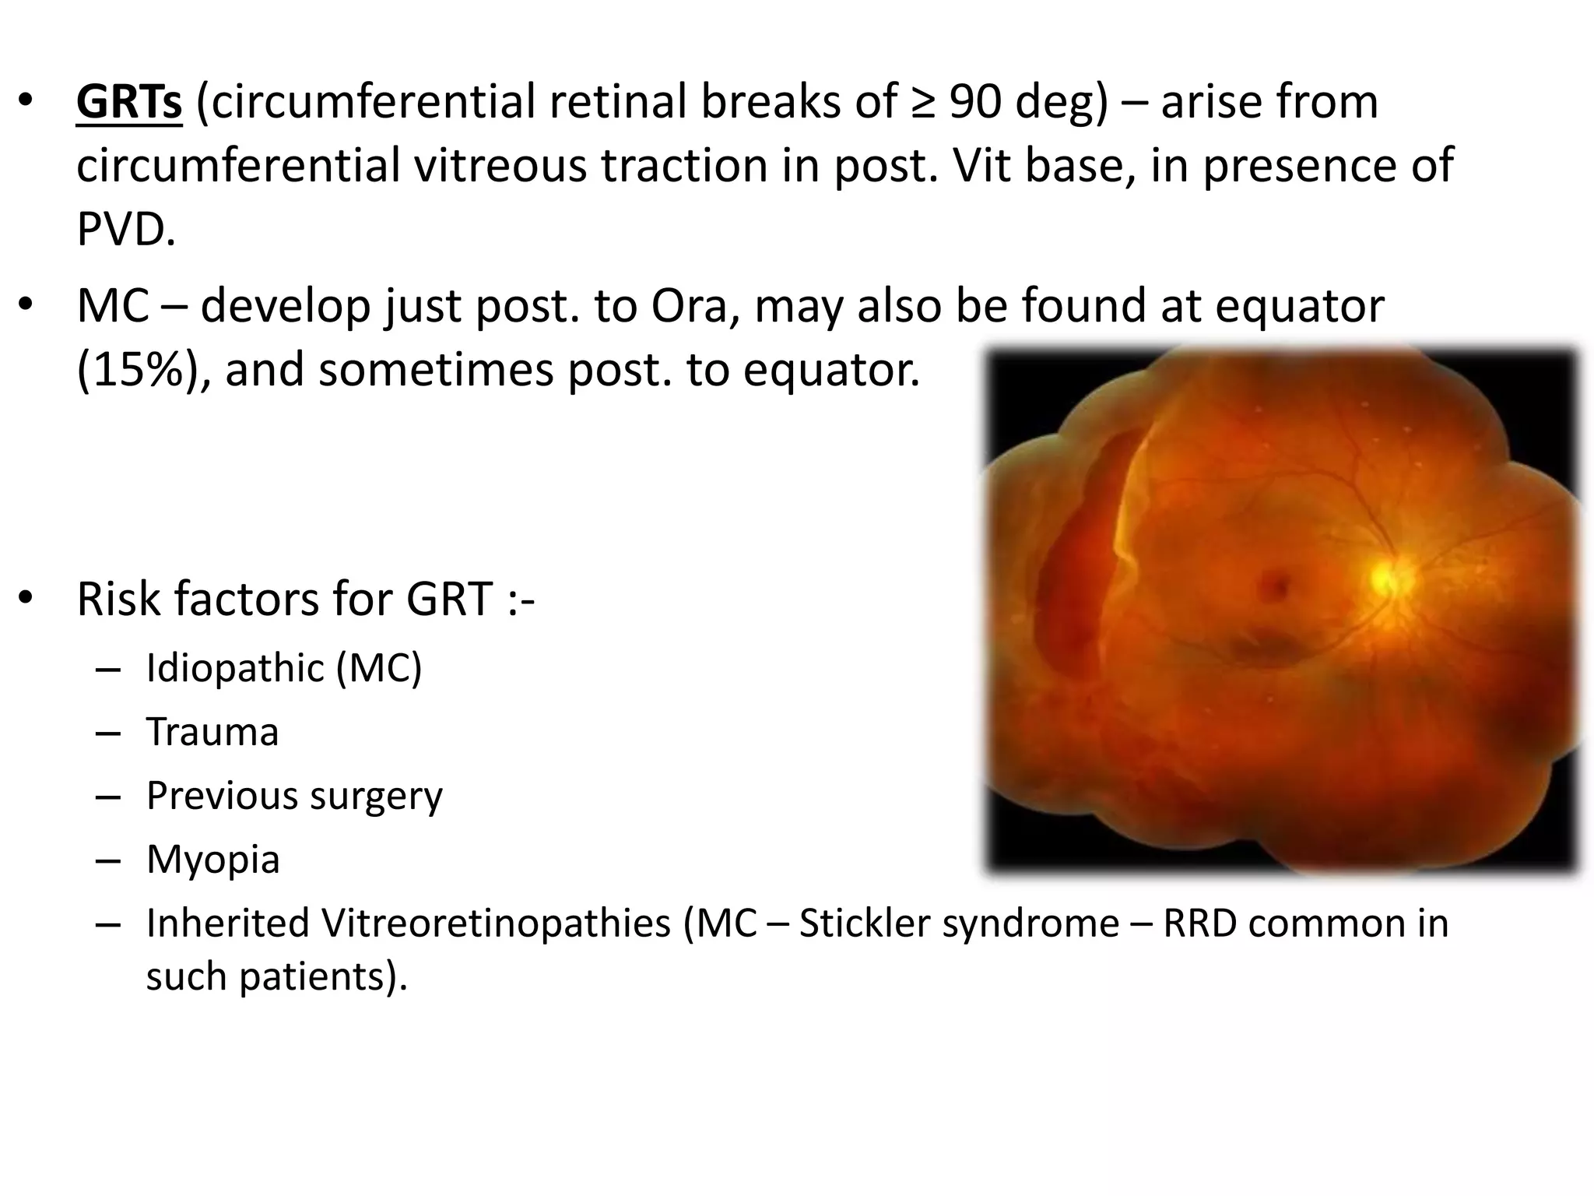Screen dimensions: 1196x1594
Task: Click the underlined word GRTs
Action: (129, 103)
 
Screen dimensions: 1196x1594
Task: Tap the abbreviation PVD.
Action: (126, 230)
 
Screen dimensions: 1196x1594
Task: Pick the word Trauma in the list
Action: (212, 733)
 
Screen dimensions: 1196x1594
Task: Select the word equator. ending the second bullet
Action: (831, 370)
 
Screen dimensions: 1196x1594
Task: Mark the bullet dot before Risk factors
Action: (26, 598)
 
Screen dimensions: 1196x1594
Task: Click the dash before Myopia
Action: (109, 860)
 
